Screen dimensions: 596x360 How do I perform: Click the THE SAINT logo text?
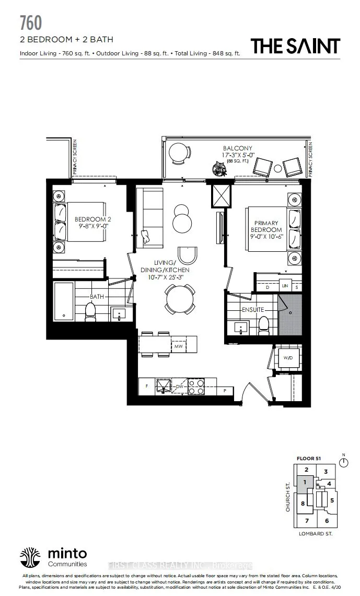tap(295, 46)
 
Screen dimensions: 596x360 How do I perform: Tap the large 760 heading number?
tap(31, 23)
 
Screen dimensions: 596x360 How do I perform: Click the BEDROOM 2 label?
tap(92, 219)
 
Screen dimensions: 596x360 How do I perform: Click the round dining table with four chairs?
tap(180, 300)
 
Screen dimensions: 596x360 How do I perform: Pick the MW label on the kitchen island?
tap(178, 346)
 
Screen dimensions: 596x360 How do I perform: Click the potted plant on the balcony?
tap(217, 167)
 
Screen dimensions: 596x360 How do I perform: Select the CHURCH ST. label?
tap(288, 496)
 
